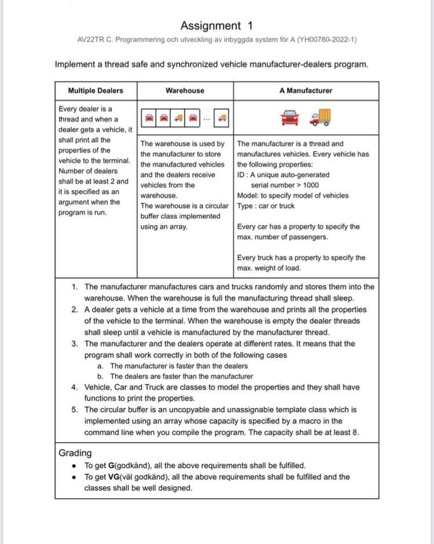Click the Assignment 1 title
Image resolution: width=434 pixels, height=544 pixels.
217,25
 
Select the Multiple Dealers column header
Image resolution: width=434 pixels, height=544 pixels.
95,90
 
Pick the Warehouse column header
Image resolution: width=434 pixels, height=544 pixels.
185,90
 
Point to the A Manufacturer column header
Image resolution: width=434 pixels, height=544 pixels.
306,90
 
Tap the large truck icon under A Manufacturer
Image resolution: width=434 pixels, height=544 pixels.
321,117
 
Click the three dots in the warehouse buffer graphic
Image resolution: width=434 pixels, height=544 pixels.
207,119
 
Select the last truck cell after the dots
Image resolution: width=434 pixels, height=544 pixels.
222,119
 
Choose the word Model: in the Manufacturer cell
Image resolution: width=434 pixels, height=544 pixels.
248,196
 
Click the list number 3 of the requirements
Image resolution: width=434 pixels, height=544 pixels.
75,344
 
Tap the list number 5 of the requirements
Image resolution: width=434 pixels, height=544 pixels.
75,410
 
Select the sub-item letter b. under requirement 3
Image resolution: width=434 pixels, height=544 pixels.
101,377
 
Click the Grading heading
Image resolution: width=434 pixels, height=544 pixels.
75,453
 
